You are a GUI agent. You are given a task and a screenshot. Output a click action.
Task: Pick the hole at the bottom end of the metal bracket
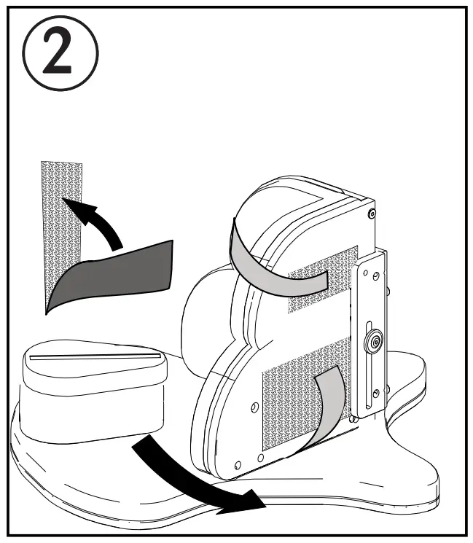point(375,394)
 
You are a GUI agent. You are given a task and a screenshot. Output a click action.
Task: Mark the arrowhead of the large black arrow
point(248,501)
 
